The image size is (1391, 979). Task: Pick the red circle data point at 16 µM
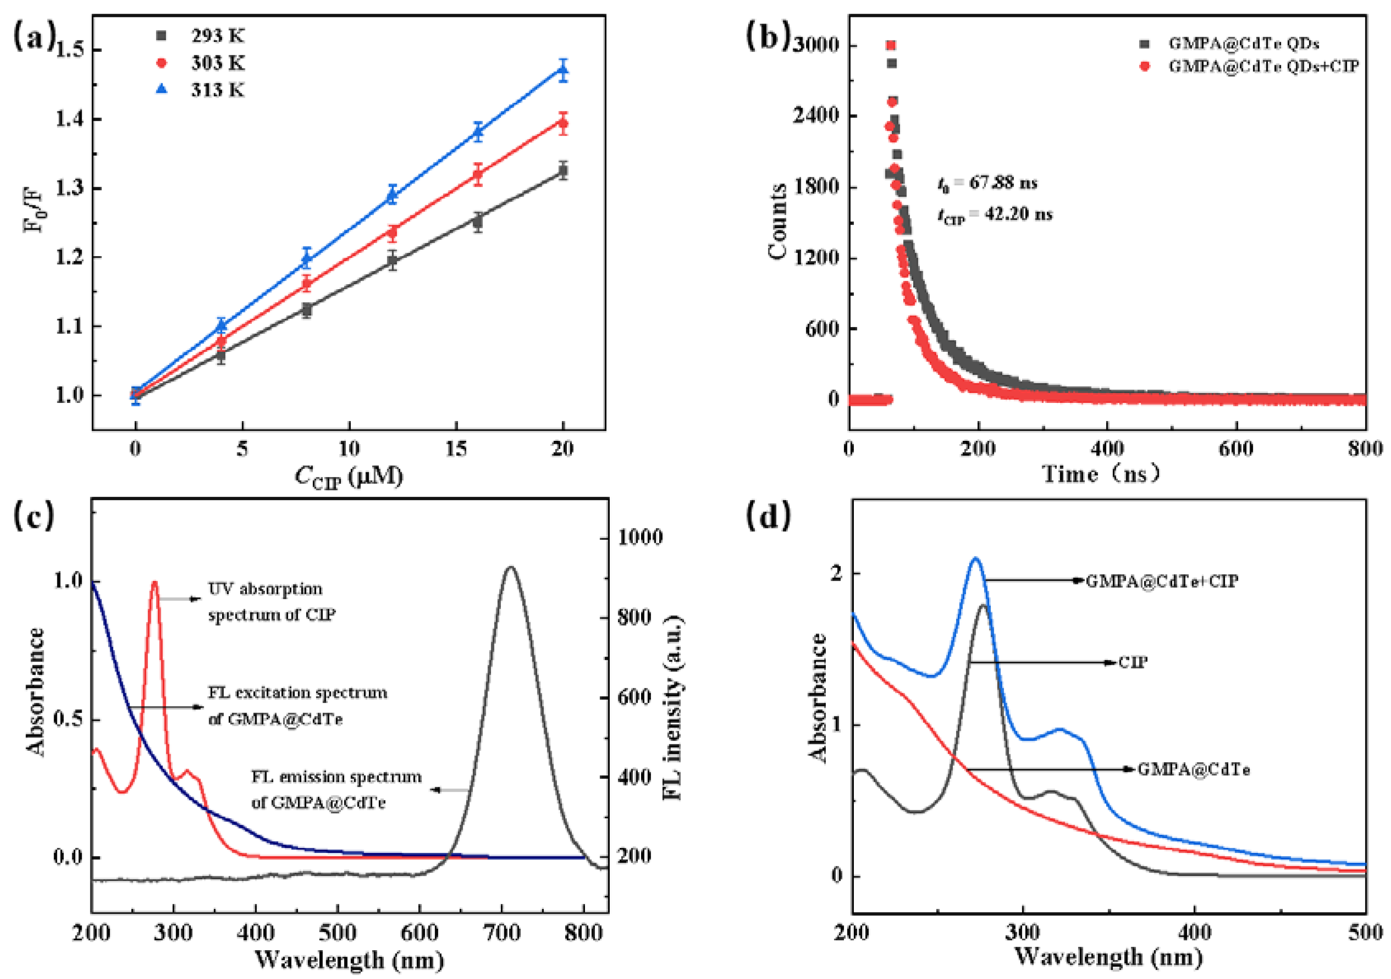[x=477, y=176]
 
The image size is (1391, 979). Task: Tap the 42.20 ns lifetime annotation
[x=996, y=214]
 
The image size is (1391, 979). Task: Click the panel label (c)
[x=34, y=515]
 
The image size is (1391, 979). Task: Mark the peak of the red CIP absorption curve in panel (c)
[x=155, y=583]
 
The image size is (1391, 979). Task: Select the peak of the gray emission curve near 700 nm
[x=510, y=568]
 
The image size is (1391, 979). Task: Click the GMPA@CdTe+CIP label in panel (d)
[x=1161, y=581]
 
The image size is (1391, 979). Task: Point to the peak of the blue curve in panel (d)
[x=975, y=558]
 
